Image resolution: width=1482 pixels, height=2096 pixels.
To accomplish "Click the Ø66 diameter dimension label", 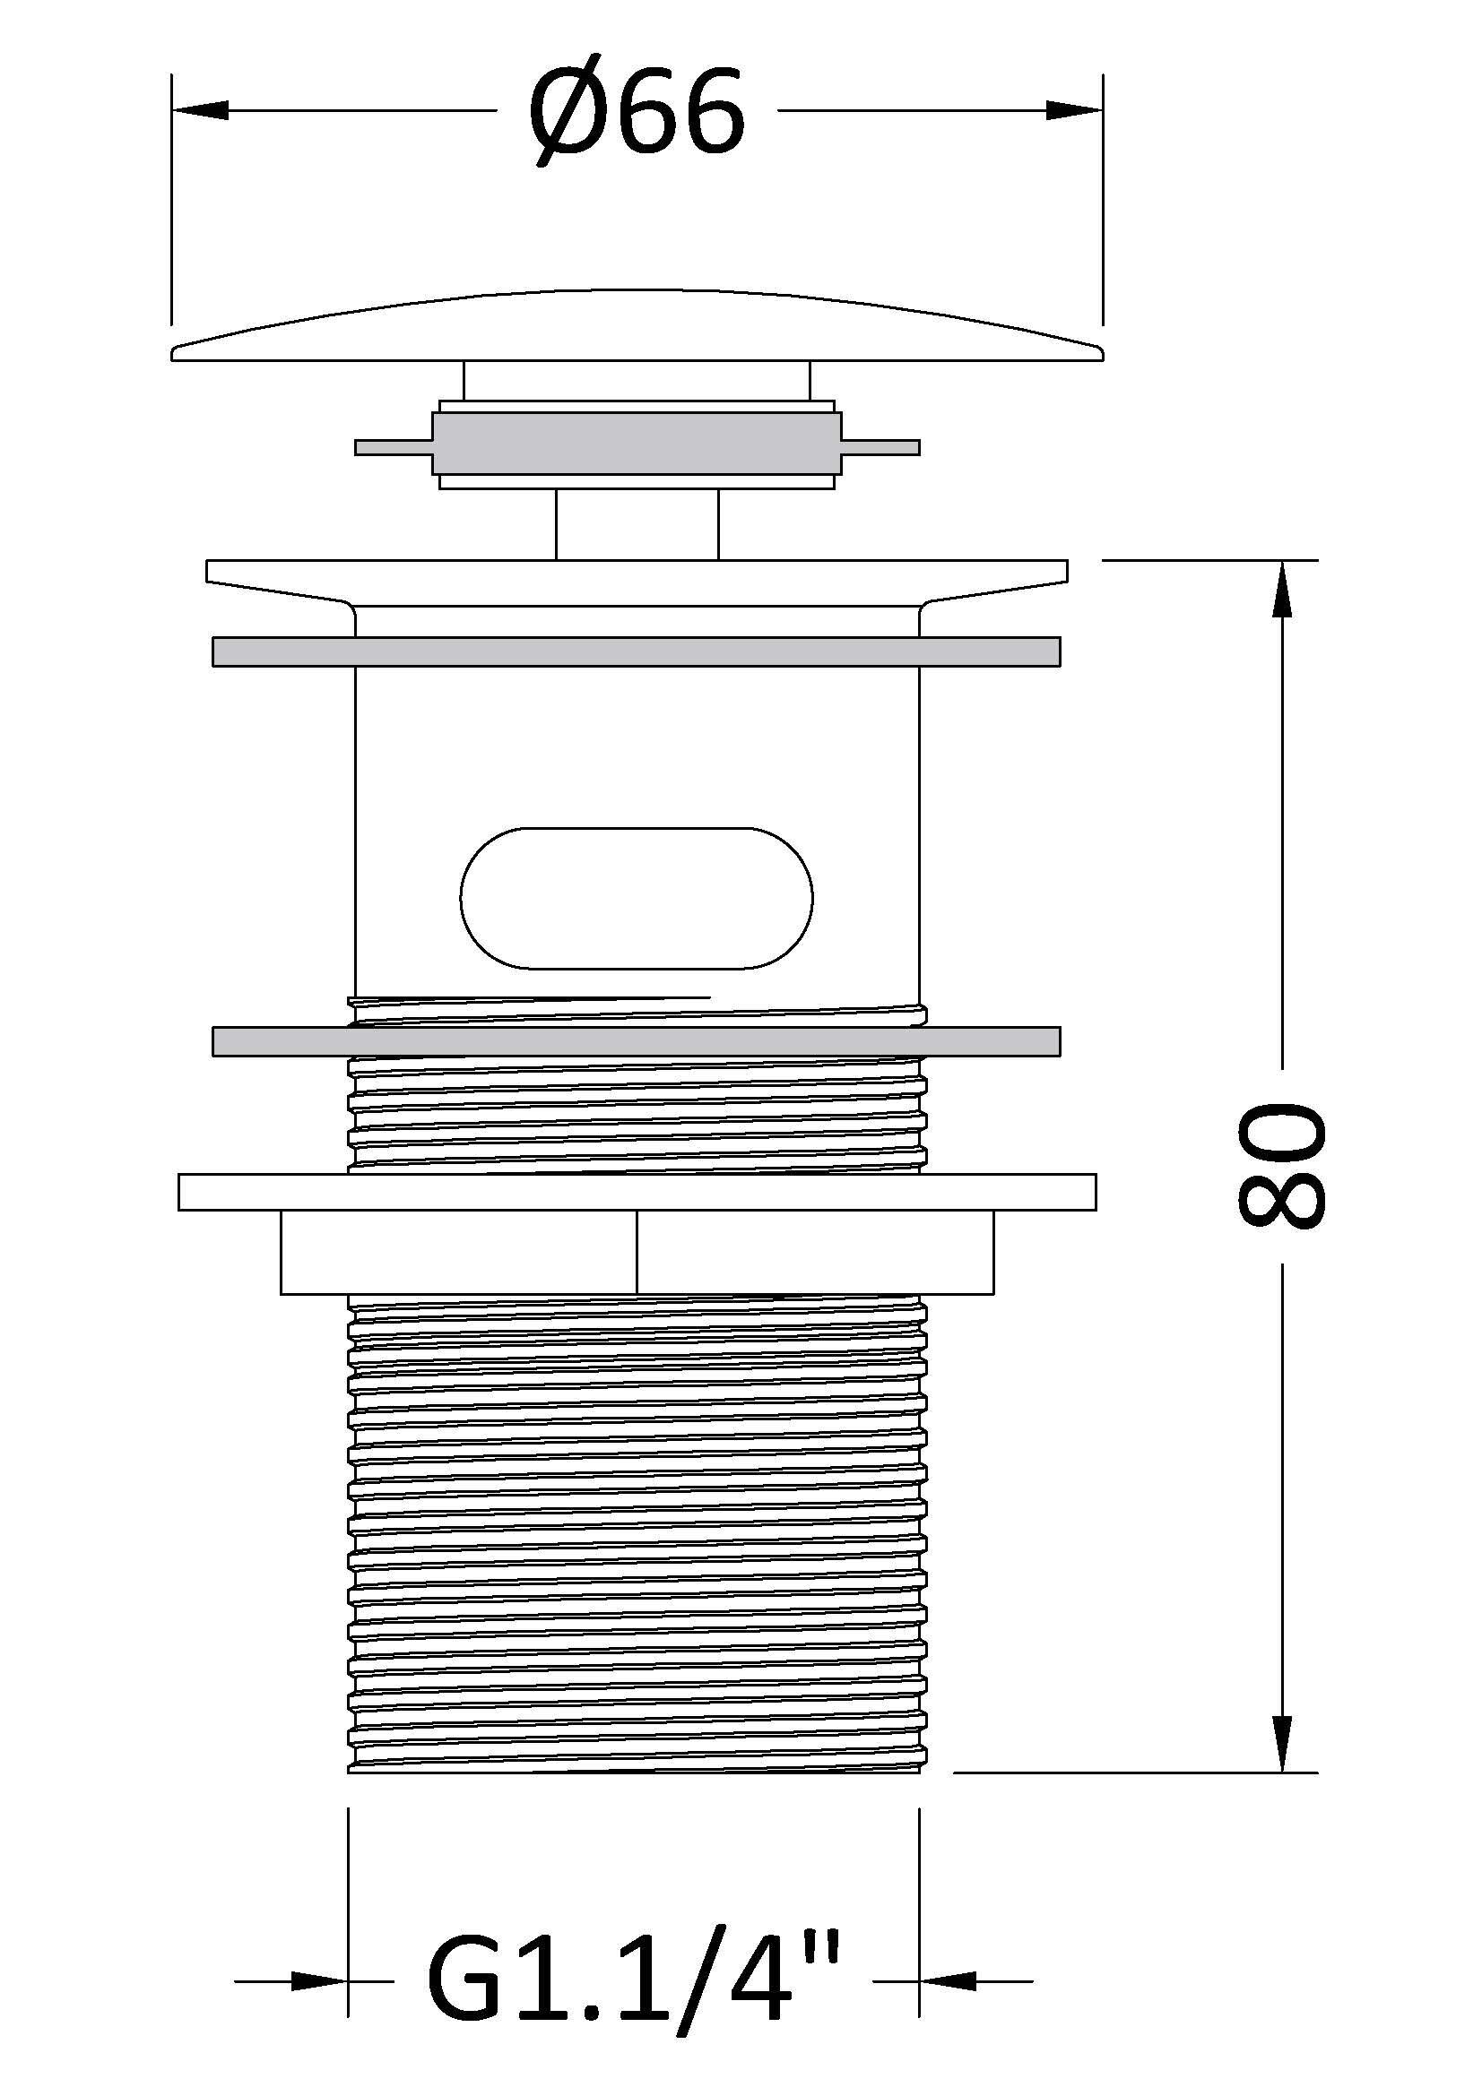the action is (637, 116).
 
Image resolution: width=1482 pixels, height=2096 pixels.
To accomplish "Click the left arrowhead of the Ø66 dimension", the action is (199, 110).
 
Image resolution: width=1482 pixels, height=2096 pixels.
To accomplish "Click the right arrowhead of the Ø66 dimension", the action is (1075, 110).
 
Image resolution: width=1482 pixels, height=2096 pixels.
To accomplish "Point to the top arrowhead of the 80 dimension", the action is (1283, 589).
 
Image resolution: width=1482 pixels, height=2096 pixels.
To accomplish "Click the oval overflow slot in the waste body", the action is (637, 898).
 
